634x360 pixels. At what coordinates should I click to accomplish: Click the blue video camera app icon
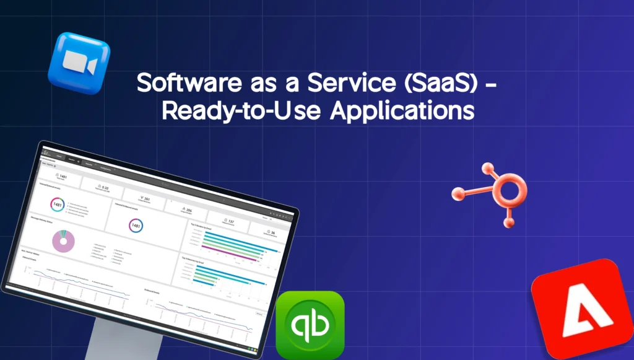[79, 63]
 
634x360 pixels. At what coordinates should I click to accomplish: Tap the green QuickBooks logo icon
[310, 325]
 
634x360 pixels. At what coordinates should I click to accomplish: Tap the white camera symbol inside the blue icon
[78, 62]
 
